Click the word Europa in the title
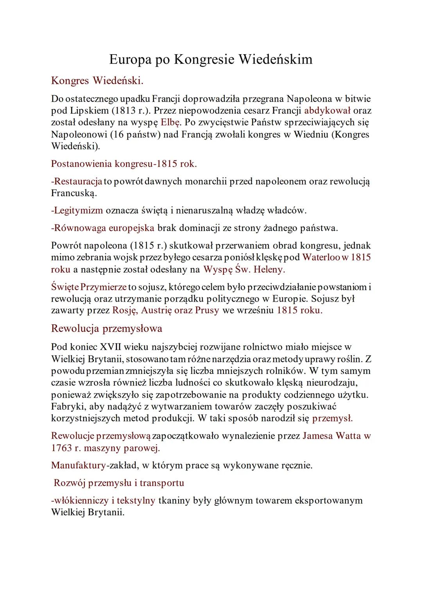[x=129, y=59]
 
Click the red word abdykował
[x=327, y=110]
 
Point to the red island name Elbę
[x=171, y=122]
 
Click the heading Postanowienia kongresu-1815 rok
[x=124, y=164]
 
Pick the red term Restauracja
[x=77, y=181]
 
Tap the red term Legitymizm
[x=77, y=210]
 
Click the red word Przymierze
[x=103, y=287]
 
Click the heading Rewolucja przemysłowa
[x=107, y=328]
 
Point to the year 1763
[x=61, y=448]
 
